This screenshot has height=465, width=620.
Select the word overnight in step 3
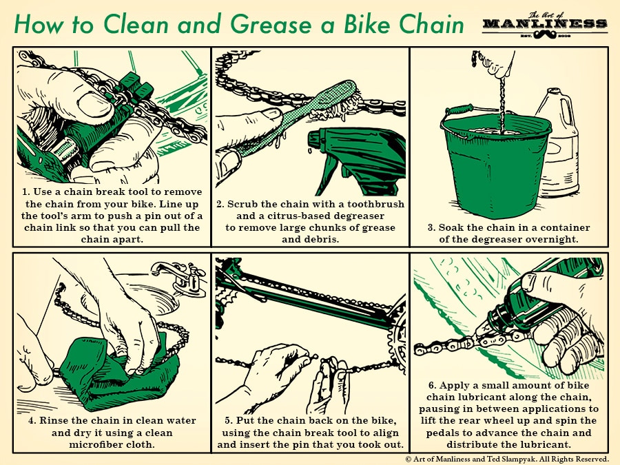tap(559, 239)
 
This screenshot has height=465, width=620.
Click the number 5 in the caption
tap(228, 420)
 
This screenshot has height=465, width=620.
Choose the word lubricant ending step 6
tap(550, 444)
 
